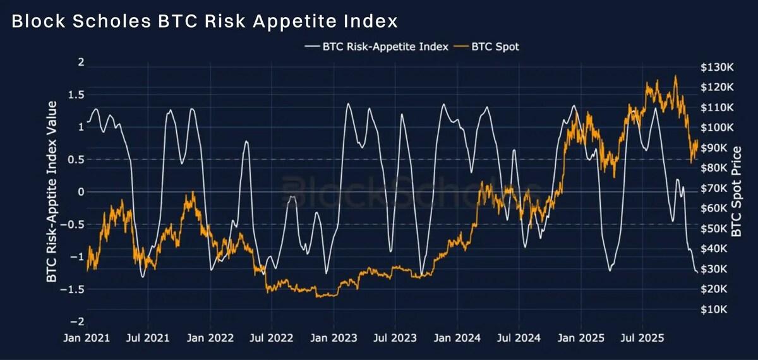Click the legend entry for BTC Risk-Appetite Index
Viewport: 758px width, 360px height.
(x=385, y=46)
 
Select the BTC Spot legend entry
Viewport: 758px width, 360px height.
(x=495, y=46)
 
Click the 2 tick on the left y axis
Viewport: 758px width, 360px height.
(x=80, y=62)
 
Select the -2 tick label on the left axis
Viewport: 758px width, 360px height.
(x=78, y=321)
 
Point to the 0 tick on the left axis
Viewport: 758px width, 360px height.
(x=80, y=191)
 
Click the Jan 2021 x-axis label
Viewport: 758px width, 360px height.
(x=86, y=338)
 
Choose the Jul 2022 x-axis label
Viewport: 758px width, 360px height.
(x=272, y=338)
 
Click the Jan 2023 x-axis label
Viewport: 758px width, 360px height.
(x=334, y=338)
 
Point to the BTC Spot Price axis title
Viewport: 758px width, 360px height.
(x=737, y=191)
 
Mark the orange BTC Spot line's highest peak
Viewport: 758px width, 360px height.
(x=675, y=76)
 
